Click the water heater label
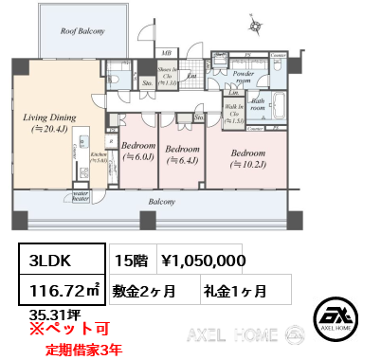coord(81,196)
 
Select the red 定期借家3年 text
coord(85,348)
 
